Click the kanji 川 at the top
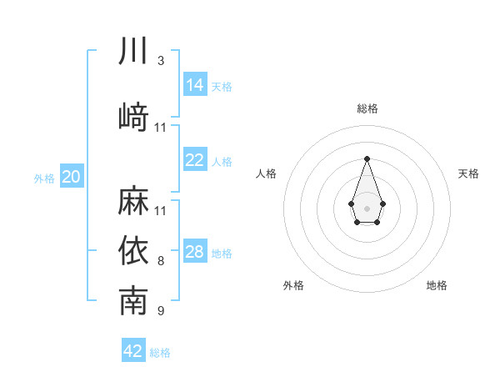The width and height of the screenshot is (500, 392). (x=133, y=51)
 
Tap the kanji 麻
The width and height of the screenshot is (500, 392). (x=133, y=201)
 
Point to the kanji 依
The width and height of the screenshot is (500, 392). (x=133, y=251)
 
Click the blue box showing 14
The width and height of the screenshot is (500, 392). (x=195, y=84)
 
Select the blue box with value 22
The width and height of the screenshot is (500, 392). (x=195, y=160)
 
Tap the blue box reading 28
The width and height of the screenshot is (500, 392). (x=195, y=252)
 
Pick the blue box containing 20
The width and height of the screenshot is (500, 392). (x=72, y=177)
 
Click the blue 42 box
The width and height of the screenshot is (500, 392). (x=133, y=351)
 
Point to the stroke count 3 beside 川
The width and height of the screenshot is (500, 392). (x=160, y=61)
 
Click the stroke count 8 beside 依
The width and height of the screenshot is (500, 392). (x=160, y=261)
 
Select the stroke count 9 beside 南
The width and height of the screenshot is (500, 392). (x=160, y=312)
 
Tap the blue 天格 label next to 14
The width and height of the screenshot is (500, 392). (x=222, y=87)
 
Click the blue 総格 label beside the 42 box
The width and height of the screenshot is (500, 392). (x=160, y=353)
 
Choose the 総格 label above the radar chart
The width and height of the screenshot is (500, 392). (x=367, y=108)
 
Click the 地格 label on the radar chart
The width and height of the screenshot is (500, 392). (x=437, y=285)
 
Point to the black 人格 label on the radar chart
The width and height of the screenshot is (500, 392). (x=267, y=173)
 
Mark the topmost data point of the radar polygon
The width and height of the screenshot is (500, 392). (x=367, y=158)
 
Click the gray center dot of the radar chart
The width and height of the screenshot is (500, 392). (x=367, y=207)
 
